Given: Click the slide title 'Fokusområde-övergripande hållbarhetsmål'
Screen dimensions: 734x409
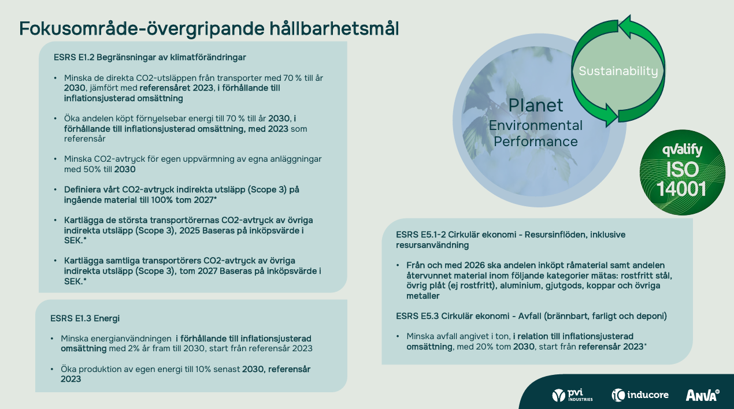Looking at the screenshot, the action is (x=209, y=28).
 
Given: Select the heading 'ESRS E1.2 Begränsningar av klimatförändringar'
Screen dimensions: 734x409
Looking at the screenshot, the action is (x=150, y=57).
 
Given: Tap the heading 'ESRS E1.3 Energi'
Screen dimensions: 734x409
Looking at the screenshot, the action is (x=85, y=318).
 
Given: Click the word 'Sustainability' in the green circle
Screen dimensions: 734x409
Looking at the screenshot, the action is (x=618, y=71).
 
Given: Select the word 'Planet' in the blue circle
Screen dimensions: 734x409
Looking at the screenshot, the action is (x=536, y=105).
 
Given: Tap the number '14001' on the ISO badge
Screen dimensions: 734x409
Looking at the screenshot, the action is (x=681, y=189).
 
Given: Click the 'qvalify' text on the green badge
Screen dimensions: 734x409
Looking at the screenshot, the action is (x=683, y=150).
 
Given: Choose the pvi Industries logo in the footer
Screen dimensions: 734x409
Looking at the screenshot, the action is (x=572, y=395).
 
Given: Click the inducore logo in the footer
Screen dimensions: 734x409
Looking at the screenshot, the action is (x=640, y=395).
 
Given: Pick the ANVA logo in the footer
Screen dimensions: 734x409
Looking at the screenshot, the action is (x=703, y=395).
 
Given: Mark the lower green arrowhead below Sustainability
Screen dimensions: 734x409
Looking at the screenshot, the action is (x=611, y=115).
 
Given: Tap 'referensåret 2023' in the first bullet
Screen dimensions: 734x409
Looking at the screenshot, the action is (x=176, y=88).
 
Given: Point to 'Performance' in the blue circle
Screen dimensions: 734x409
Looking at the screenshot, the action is (x=536, y=142).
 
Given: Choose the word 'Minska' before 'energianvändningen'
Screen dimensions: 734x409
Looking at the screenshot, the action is (x=75, y=339).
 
